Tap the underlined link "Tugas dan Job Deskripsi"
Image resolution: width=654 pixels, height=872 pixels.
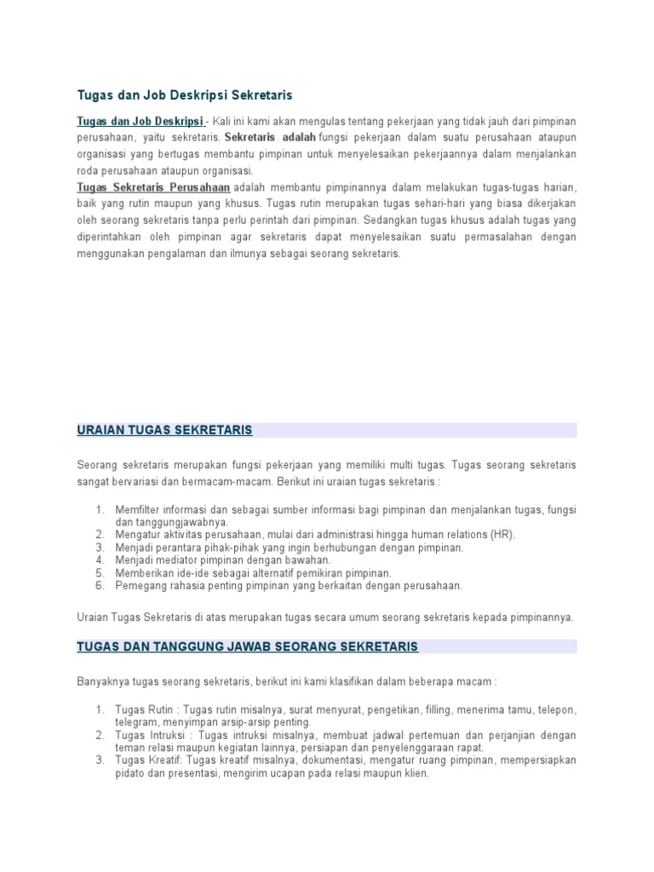141,122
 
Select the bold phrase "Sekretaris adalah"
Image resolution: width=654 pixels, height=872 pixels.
270,137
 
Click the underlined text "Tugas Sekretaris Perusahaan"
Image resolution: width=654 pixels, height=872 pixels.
153,186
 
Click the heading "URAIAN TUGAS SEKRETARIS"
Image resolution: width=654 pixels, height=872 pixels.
164,430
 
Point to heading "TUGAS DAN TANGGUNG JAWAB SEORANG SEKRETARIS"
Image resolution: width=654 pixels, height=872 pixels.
247,646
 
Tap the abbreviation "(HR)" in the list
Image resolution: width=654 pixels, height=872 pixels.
502,534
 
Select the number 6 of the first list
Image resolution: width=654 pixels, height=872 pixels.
99,585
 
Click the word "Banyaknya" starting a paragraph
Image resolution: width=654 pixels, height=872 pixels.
103,682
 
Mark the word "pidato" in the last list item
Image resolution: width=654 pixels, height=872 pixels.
130,773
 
